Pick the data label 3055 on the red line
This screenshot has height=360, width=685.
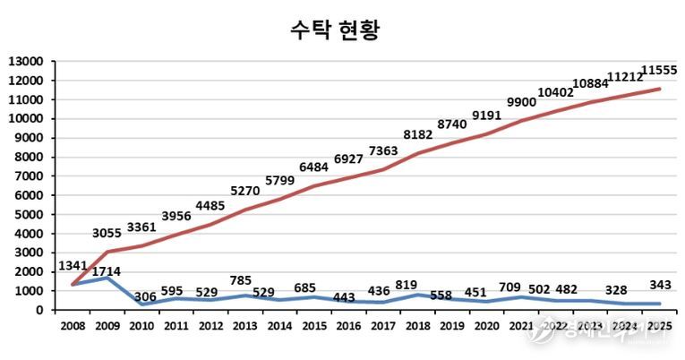(114, 235)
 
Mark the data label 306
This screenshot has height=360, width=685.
(146, 296)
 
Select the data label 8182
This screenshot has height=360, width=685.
(418, 135)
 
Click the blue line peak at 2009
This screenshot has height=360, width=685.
(107, 278)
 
